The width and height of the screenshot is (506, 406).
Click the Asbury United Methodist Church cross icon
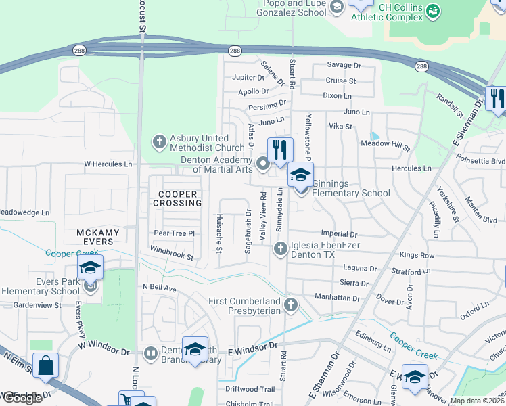pos(159,142)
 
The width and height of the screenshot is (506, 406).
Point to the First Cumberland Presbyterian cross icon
pos(291,304)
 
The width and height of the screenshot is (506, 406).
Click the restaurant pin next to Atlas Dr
pos(280,150)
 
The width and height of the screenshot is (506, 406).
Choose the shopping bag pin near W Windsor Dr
pos(45,365)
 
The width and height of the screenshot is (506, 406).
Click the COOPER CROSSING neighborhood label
pos(178,198)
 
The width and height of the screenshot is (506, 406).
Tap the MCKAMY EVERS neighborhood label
pos(97,238)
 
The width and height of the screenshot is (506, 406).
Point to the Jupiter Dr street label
pos(247,78)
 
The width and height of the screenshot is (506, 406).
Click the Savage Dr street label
pos(344,66)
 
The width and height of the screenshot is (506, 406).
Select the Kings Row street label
pos(417,255)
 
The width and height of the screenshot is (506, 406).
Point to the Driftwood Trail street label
pos(250,389)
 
